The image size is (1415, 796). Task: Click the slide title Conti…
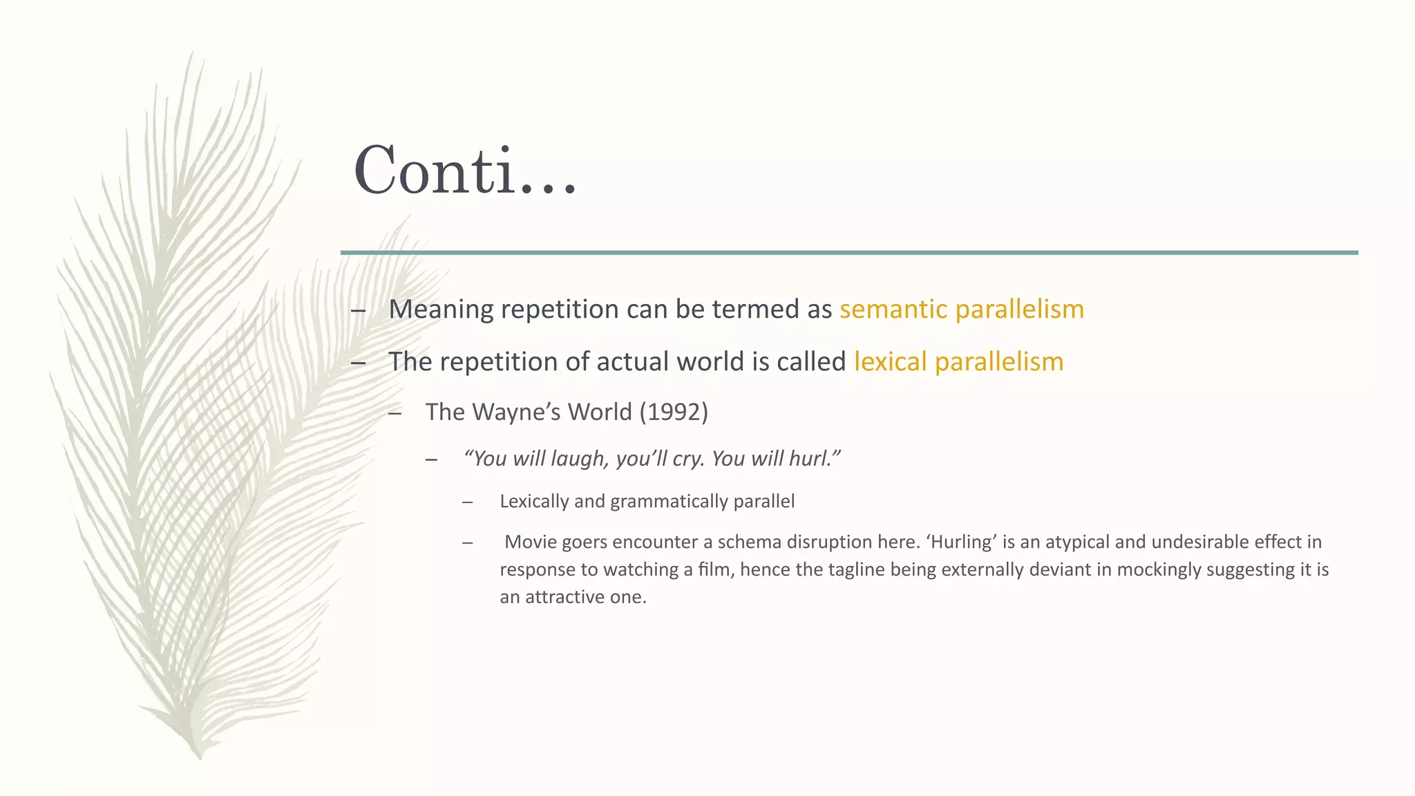tap(464, 171)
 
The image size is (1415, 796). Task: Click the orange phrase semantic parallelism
tap(961, 309)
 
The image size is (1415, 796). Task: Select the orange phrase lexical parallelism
tap(958, 362)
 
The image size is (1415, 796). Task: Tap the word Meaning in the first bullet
tap(441, 309)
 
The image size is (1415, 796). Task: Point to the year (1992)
tap(674, 412)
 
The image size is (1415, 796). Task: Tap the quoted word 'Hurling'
tap(962, 542)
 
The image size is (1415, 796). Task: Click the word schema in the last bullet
tap(746, 542)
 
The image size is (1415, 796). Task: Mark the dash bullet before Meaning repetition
tap(358, 310)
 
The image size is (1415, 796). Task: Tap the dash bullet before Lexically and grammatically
tap(468, 502)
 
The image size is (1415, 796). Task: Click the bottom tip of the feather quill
tap(200, 758)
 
